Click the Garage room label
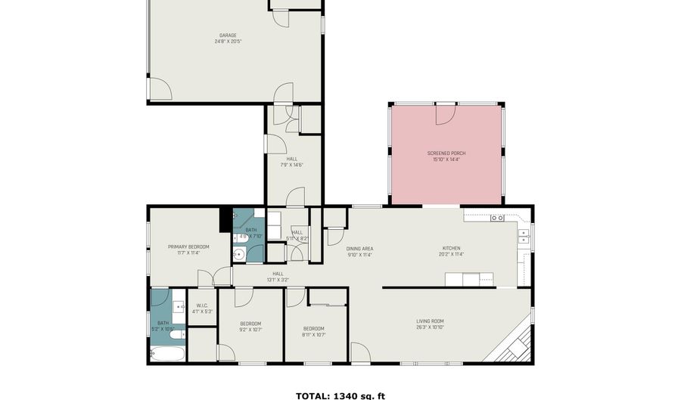click(228, 39)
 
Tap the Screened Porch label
click(446, 157)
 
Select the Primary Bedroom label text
click(188, 250)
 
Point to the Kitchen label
click(452, 251)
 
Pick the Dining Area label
click(359, 251)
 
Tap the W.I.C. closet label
click(202, 308)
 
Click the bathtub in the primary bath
click(166, 353)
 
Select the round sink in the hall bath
click(240, 254)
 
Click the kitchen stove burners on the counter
click(497, 218)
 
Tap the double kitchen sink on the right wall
click(524, 237)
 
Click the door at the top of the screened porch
click(444, 114)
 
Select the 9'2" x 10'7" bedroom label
click(250, 326)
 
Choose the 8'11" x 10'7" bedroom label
click(313, 330)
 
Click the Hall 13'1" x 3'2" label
click(278, 277)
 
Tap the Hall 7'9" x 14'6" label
click(292, 162)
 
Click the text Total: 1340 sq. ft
click(340, 395)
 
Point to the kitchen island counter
click(470, 281)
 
